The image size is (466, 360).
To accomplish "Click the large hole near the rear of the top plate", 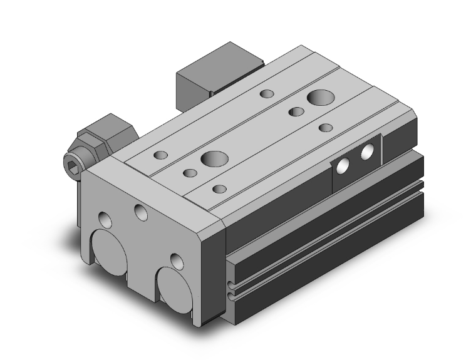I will (x=321, y=98).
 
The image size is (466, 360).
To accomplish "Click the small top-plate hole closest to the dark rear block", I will (x=267, y=95).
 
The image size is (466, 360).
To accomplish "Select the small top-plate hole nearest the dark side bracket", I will (x=325, y=128).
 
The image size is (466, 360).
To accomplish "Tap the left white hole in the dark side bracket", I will (x=343, y=166).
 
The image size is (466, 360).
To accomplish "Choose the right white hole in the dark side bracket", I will (x=368, y=150).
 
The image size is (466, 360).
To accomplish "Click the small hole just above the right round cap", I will (x=177, y=259).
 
